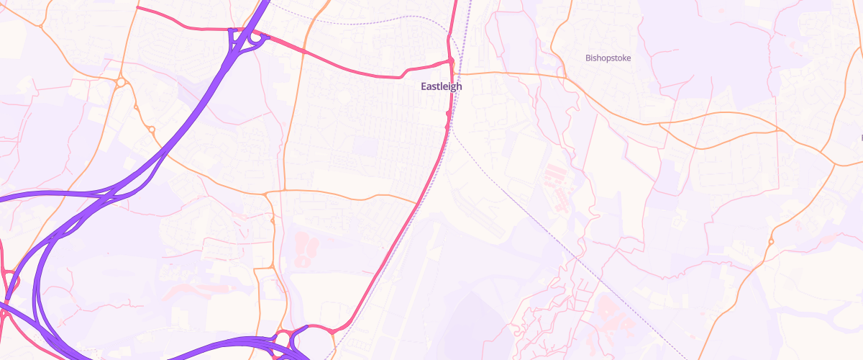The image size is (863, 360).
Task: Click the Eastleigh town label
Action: tap(442, 86)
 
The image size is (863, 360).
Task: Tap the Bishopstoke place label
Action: tap(608, 58)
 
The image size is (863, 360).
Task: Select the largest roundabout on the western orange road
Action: tap(121, 82)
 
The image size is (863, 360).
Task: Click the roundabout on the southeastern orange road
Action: tap(770, 241)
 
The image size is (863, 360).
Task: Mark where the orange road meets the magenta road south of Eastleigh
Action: tap(418, 204)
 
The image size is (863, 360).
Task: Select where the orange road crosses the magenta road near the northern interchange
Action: tap(305, 53)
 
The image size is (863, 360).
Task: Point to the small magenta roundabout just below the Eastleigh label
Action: tap(449, 114)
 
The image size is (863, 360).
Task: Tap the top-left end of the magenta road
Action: tap(137, 7)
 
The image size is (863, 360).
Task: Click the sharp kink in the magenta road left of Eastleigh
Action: tap(401, 76)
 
